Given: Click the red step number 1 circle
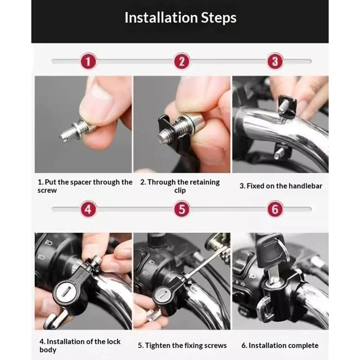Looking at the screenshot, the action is click(x=88, y=61).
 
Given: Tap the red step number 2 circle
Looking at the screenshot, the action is click(x=182, y=61).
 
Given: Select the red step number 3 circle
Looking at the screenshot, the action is click(x=275, y=61).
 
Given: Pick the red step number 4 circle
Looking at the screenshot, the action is click(x=88, y=209).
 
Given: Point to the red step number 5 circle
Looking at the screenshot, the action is click(x=182, y=209).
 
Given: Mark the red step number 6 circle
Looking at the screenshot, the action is click(x=275, y=209).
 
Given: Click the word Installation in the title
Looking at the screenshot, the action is click(x=161, y=18).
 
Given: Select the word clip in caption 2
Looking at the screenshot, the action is click(x=180, y=190).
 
